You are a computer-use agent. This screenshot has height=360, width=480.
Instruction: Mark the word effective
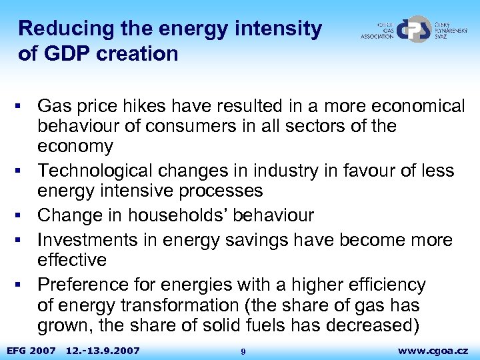(x=72, y=259)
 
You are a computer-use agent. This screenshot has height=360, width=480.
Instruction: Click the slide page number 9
(x=243, y=351)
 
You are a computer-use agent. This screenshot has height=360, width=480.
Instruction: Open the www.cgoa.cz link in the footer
(x=433, y=350)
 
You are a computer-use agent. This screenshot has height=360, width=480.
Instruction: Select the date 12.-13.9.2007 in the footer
(x=103, y=350)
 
